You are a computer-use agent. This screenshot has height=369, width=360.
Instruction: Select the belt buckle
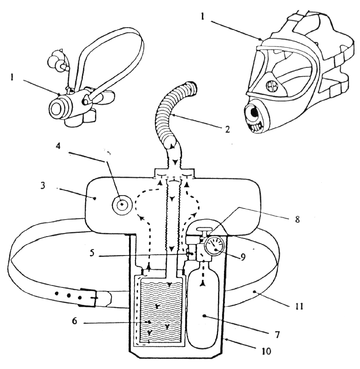pos(89,298)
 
